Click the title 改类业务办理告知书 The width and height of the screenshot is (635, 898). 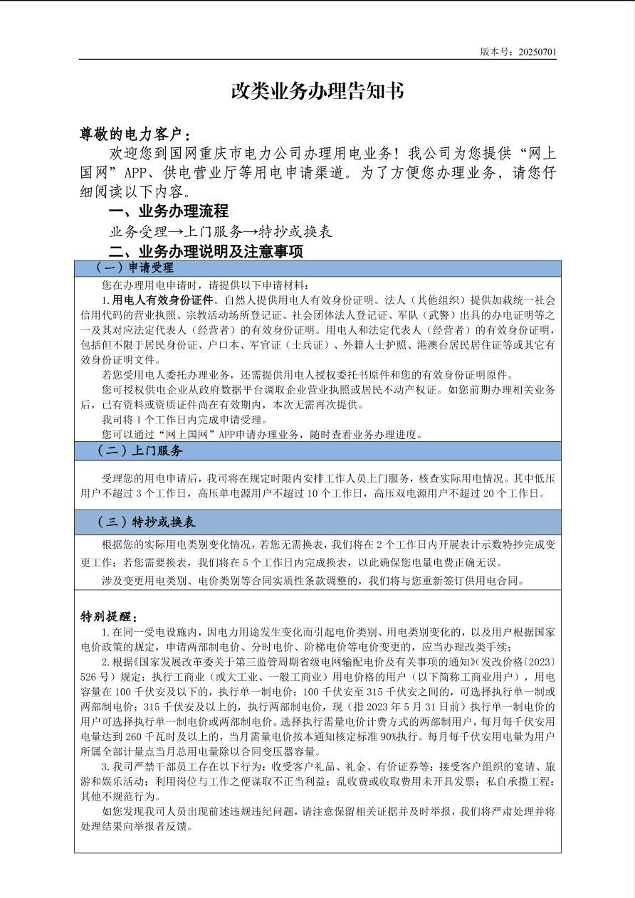[x=317, y=91]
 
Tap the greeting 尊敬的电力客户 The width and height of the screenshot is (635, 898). [x=133, y=134]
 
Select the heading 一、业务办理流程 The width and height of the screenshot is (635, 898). [x=168, y=211]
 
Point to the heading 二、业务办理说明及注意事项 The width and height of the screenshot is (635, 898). [x=206, y=252]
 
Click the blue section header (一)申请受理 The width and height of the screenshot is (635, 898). [x=135, y=268]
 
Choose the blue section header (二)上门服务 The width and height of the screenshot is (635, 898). [x=140, y=450]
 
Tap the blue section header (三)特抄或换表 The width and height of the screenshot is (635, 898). [x=146, y=522]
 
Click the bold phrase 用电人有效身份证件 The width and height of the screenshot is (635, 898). [x=162, y=300]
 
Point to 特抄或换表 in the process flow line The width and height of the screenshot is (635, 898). [x=295, y=232]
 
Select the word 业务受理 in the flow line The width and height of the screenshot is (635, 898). [x=137, y=232]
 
